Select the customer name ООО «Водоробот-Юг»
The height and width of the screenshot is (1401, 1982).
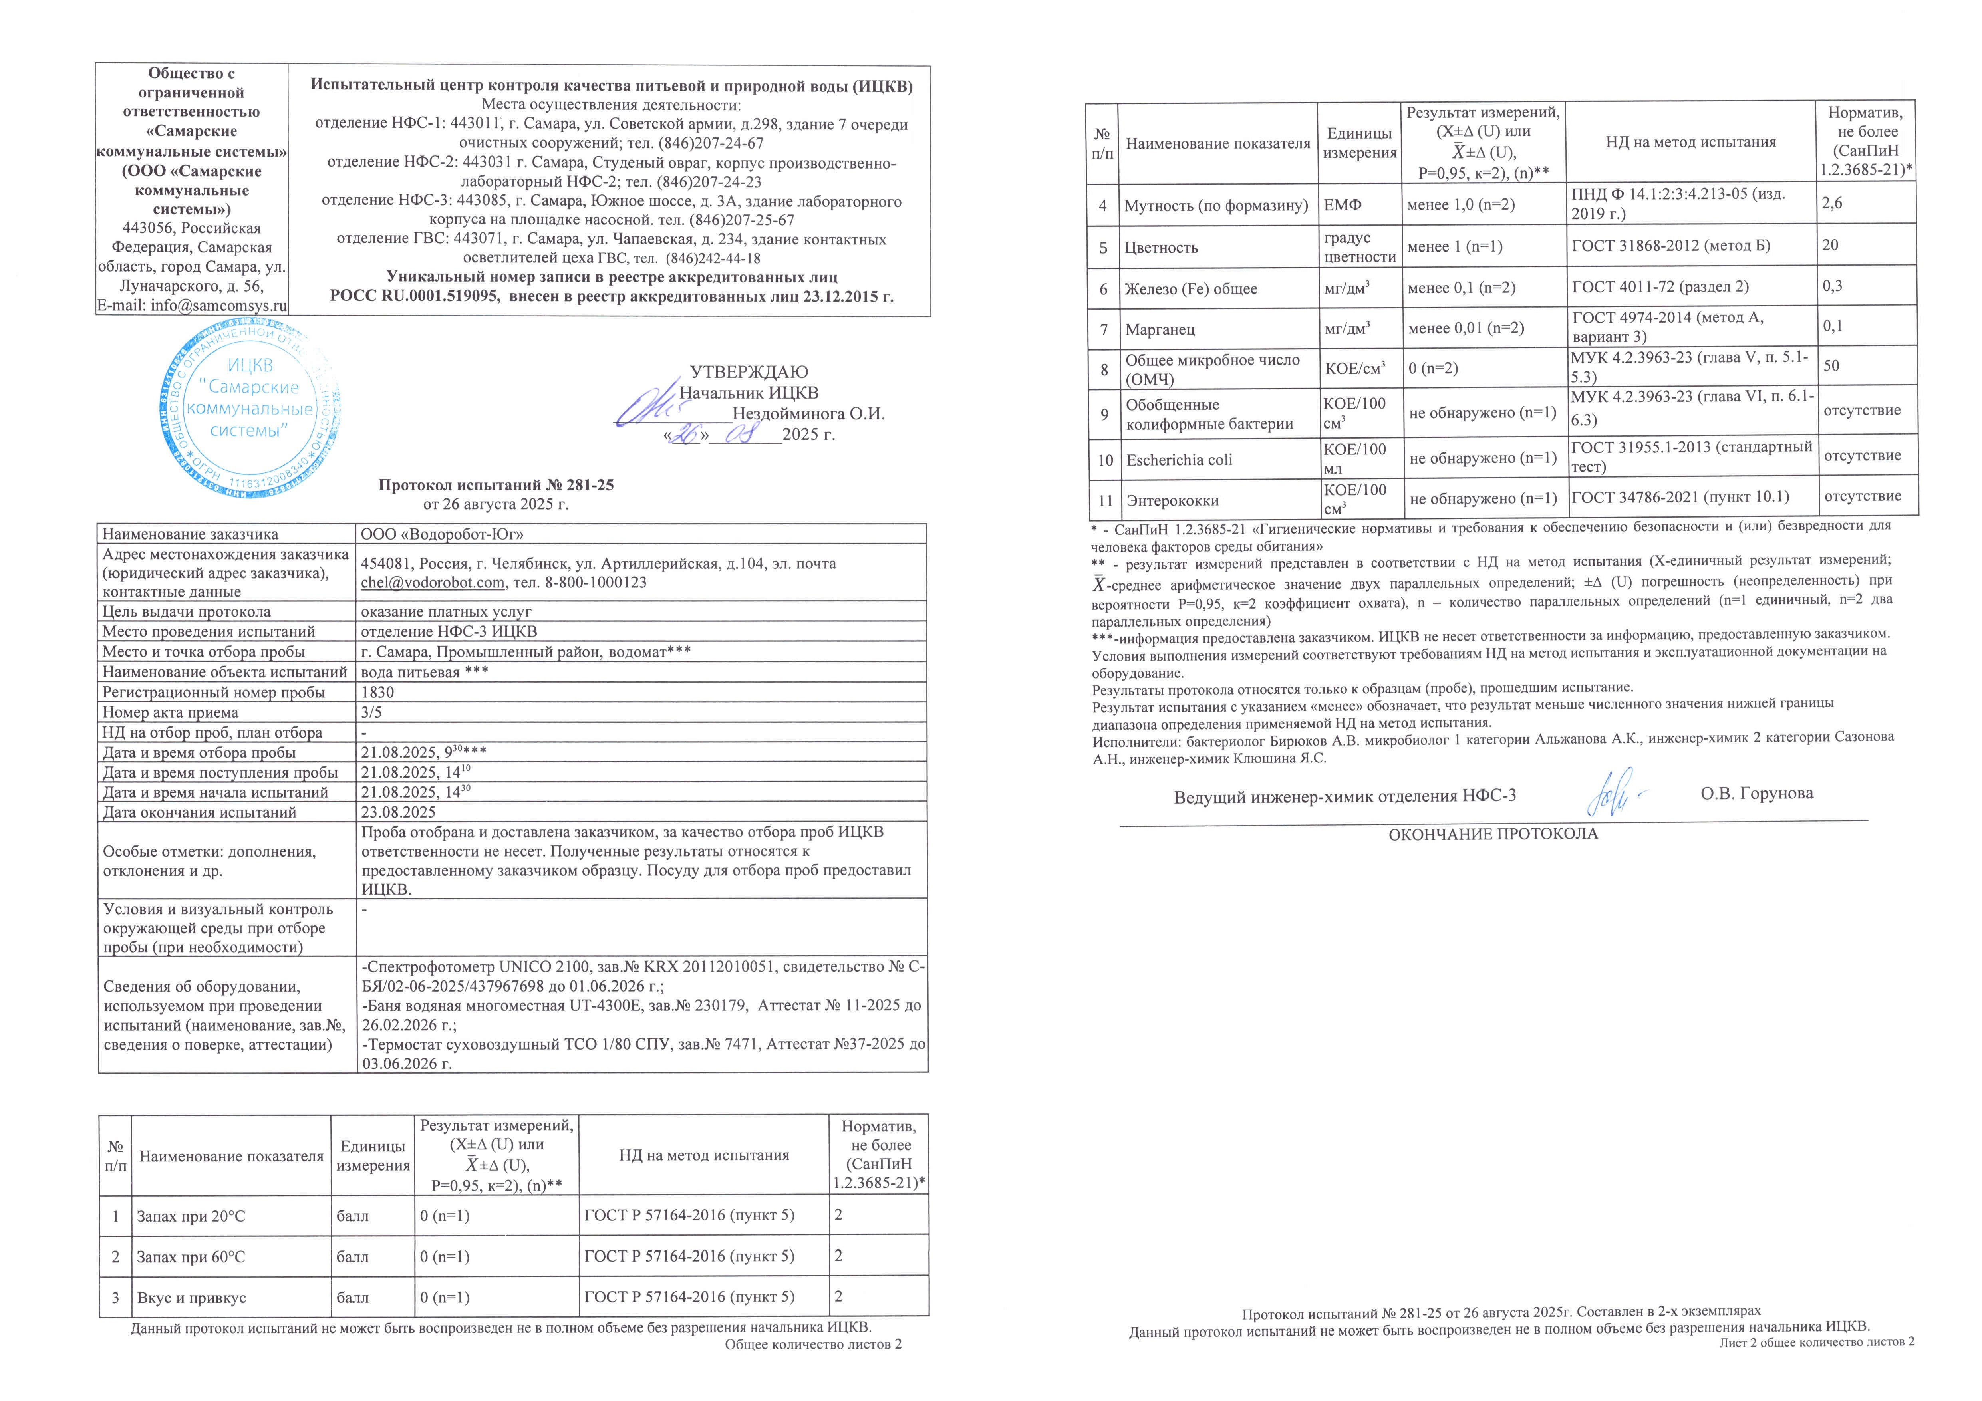442,534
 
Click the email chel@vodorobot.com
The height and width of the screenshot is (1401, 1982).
433,583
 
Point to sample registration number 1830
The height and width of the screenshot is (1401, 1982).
377,692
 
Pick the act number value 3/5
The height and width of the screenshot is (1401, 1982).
371,712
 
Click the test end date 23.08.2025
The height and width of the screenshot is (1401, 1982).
398,812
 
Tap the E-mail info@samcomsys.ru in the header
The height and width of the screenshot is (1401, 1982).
192,306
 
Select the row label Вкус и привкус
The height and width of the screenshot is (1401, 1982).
192,1298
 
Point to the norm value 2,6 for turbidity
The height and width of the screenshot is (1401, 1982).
1832,204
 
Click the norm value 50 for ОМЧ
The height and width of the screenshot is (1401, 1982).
1831,366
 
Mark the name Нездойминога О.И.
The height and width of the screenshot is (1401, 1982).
808,413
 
